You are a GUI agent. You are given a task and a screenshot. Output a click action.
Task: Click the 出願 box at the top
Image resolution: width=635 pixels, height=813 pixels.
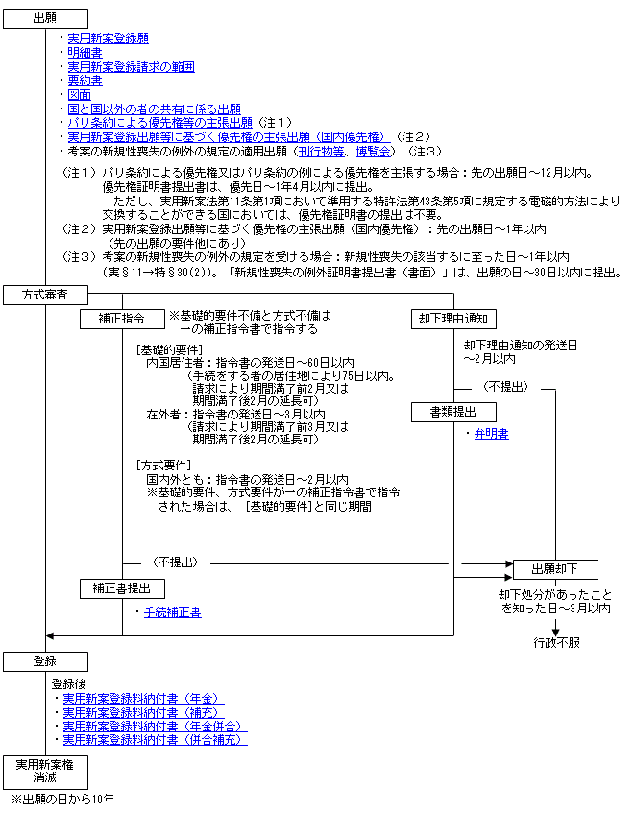click(x=46, y=18)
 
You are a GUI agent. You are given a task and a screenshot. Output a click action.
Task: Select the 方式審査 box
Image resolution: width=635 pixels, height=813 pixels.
click(x=46, y=295)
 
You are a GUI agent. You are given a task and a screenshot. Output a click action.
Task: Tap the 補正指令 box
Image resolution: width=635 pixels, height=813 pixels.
click(x=122, y=319)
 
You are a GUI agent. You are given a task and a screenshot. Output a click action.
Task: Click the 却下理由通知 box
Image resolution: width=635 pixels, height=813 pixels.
click(x=453, y=319)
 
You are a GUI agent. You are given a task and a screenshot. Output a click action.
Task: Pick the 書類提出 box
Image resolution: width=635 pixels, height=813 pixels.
click(x=453, y=412)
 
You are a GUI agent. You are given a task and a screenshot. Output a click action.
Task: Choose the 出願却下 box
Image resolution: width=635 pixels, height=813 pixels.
click(x=555, y=569)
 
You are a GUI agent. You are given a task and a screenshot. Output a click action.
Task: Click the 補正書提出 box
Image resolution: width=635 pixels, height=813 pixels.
click(x=122, y=589)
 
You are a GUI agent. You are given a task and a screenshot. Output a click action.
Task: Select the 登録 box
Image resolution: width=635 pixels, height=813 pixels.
click(x=46, y=661)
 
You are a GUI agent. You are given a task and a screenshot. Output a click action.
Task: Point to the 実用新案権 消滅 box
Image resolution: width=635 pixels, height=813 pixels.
click(x=46, y=772)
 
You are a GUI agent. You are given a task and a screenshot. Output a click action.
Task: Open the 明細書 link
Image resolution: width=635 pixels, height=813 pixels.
click(x=85, y=53)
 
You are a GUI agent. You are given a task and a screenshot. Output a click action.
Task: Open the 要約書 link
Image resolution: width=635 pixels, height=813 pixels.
click(x=85, y=81)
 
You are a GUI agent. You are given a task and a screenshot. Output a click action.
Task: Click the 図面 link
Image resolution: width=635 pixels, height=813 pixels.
click(x=80, y=95)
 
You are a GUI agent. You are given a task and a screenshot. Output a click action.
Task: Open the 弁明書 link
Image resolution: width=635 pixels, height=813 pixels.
click(x=491, y=434)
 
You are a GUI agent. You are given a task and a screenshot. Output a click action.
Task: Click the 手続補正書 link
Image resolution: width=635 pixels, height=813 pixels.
click(x=172, y=612)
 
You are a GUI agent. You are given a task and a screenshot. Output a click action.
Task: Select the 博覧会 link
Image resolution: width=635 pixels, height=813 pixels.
click(x=373, y=152)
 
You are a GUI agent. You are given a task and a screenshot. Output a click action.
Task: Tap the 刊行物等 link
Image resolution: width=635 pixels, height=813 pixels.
click(x=322, y=152)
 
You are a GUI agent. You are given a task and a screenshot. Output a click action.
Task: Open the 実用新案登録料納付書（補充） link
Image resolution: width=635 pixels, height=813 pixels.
click(x=144, y=713)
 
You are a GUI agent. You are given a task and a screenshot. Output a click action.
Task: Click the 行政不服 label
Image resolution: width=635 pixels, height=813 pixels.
click(x=556, y=643)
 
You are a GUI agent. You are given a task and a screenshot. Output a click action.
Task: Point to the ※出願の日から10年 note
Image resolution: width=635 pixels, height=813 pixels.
click(x=62, y=800)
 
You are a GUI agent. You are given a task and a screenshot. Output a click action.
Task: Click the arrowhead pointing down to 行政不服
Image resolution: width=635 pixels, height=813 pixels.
click(x=555, y=633)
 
